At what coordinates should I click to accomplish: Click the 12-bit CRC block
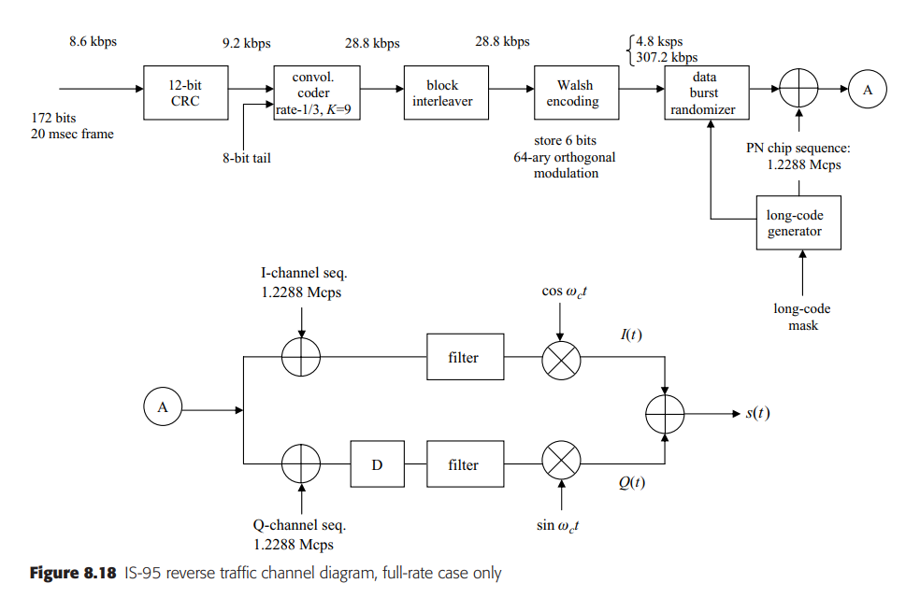pyautogui.click(x=185, y=93)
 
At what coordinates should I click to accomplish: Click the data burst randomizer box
pyautogui.click(x=703, y=93)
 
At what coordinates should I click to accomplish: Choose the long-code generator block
pyautogui.click(x=798, y=223)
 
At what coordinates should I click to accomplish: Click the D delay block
pyautogui.click(x=377, y=464)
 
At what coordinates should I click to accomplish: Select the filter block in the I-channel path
pyautogui.click(x=464, y=357)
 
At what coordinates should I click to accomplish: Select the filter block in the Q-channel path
pyautogui.click(x=464, y=464)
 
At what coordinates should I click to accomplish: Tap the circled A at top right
pyautogui.click(x=867, y=90)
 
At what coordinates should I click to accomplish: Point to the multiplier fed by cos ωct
pyautogui.click(x=561, y=358)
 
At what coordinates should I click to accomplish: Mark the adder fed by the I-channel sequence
pyautogui.click(x=301, y=358)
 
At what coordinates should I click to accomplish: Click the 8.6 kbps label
pyautogui.click(x=93, y=42)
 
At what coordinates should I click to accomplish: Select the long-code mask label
pyautogui.click(x=801, y=317)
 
